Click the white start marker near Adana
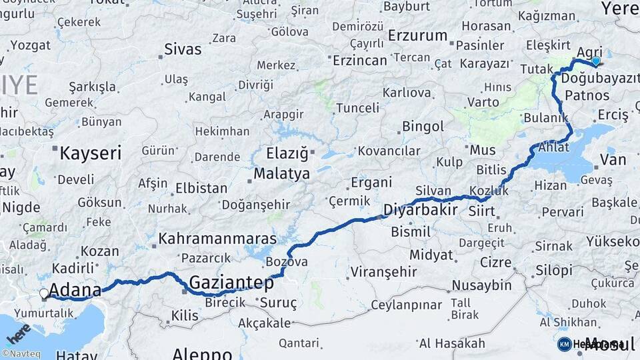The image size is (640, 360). tap(44, 293)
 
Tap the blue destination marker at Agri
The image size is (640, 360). tap(595, 61)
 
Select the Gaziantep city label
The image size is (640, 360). tap(231, 283)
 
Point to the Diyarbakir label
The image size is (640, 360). tap(420, 211)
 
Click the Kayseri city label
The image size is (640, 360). tap(91, 153)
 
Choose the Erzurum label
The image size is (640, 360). tap(417, 35)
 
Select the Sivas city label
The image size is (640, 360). tap(183, 49)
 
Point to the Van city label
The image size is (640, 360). tap(613, 159)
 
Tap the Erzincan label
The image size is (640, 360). tap(360, 60)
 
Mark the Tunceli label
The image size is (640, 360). tap(357, 107)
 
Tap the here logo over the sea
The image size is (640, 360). tap(19, 329)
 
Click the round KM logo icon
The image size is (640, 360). tap(564, 344)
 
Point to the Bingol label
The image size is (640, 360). tap(423, 126)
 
